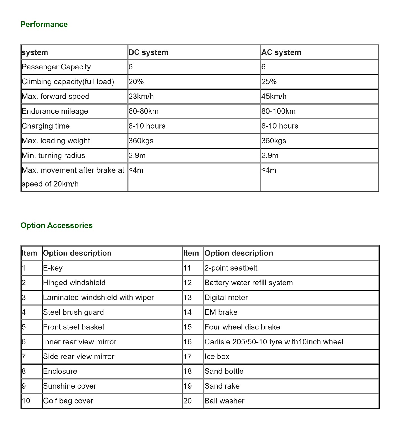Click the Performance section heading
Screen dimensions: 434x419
tap(44, 25)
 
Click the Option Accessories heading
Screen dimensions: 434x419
tap(57, 225)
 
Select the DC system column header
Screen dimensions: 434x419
tap(148, 52)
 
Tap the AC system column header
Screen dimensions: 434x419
tap(281, 52)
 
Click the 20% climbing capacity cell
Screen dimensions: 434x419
tap(136, 82)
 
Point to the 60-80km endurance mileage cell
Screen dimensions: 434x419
tap(144, 111)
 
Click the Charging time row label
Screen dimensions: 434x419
tap(46, 126)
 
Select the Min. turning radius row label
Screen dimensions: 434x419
tap(53, 156)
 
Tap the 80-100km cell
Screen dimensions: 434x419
tap(278, 111)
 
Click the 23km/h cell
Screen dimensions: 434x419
tap(141, 97)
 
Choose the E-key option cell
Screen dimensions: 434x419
tap(53, 268)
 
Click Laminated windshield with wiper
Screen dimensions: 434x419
tap(98, 298)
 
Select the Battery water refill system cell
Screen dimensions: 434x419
tap(249, 283)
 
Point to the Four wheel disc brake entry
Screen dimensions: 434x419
tap(242, 327)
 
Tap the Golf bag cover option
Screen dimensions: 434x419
tap(68, 401)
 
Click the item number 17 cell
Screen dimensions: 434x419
tap(187, 357)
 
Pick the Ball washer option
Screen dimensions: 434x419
tap(225, 401)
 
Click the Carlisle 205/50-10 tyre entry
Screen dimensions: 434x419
tap(274, 342)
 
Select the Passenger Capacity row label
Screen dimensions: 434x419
tap(56, 67)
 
